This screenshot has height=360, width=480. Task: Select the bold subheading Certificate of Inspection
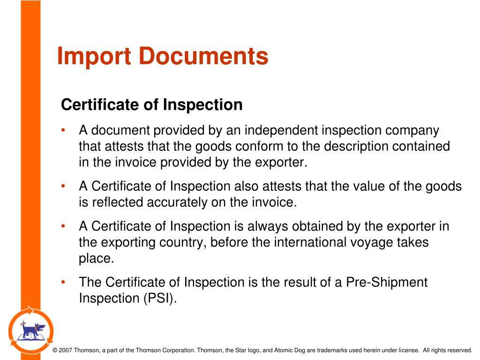click(152, 105)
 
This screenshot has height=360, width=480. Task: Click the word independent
click(281, 130)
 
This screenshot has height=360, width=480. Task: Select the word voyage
click(373, 243)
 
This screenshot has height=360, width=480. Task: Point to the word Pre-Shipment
click(387, 283)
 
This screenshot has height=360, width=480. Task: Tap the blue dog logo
click(31, 330)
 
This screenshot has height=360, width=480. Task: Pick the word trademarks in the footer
click(331, 350)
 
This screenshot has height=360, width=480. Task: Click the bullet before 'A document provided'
click(63, 130)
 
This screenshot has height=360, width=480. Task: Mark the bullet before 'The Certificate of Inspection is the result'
click(63, 283)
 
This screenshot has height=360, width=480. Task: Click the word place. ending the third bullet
click(96, 259)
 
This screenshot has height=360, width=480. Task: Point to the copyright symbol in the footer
click(55, 350)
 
